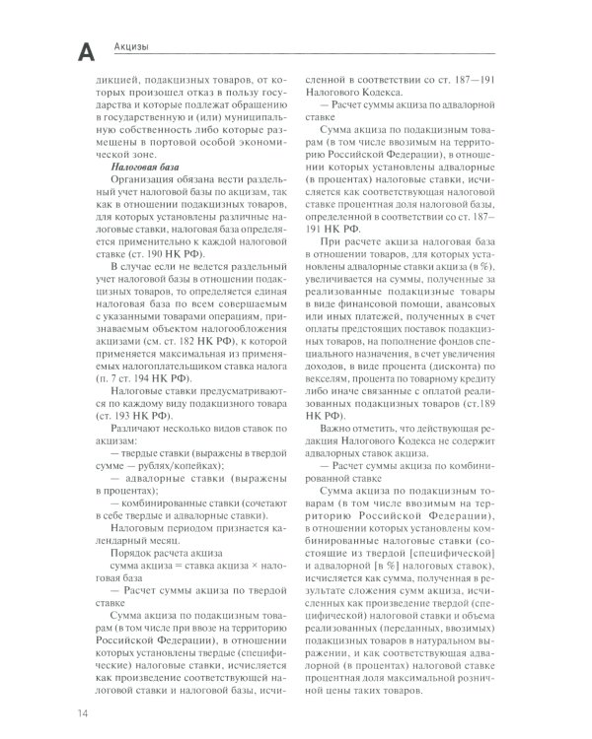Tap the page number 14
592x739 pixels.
[x=75, y=711]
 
